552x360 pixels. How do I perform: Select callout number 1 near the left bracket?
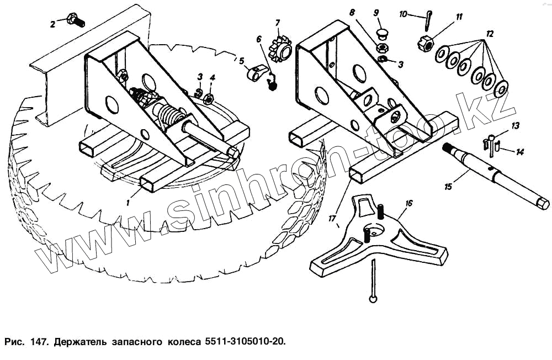point(128,203)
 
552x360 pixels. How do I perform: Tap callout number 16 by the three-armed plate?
point(408,203)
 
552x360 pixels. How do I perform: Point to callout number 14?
point(519,151)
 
